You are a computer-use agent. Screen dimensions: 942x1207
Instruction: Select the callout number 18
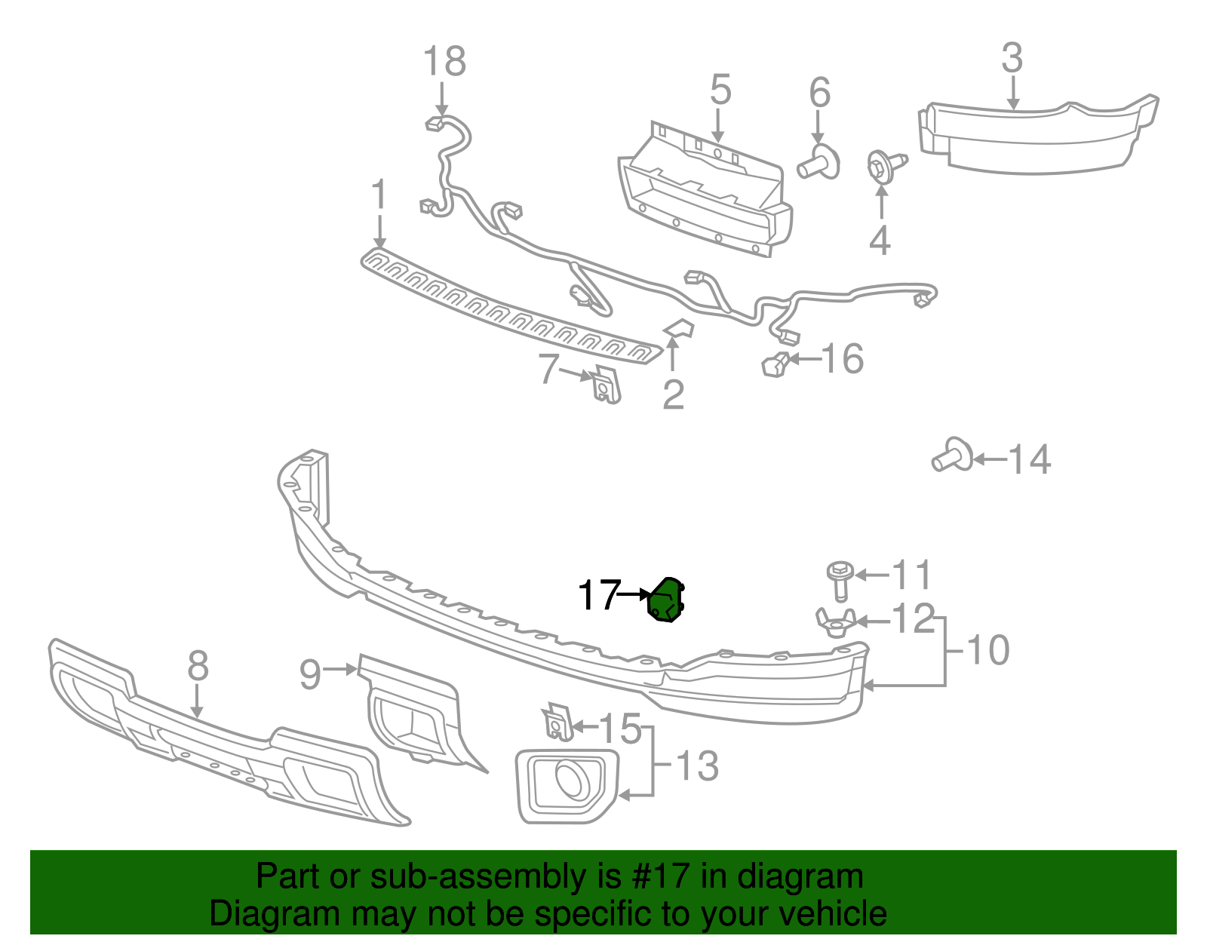pos(444,62)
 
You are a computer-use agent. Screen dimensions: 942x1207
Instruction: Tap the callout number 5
pos(720,90)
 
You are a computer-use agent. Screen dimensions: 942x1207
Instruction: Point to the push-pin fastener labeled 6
pos(819,163)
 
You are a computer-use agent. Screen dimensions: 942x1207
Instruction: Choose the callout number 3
pos(1012,58)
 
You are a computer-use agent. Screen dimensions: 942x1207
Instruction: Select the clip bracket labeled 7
pos(606,384)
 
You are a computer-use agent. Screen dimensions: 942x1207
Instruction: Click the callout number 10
pos(987,650)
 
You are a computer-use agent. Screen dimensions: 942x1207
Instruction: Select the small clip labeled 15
pos(557,723)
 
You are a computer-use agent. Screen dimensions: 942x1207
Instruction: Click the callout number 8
pos(197,666)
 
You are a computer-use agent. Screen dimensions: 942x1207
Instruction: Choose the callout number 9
pos(310,674)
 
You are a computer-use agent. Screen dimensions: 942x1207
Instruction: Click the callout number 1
pos(379,195)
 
